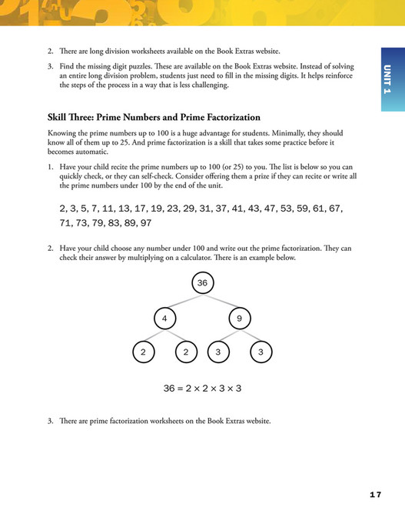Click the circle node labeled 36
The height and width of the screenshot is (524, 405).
click(202, 283)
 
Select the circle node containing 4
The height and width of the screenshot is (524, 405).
click(164, 318)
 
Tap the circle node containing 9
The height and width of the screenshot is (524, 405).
click(240, 318)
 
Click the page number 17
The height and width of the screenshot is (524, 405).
click(374, 494)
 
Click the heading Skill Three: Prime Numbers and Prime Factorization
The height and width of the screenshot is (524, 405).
click(154, 118)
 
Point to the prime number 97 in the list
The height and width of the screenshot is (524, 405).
click(145, 223)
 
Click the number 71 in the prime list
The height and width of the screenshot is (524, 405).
click(66, 223)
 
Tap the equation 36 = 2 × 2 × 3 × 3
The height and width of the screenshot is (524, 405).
click(202, 388)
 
